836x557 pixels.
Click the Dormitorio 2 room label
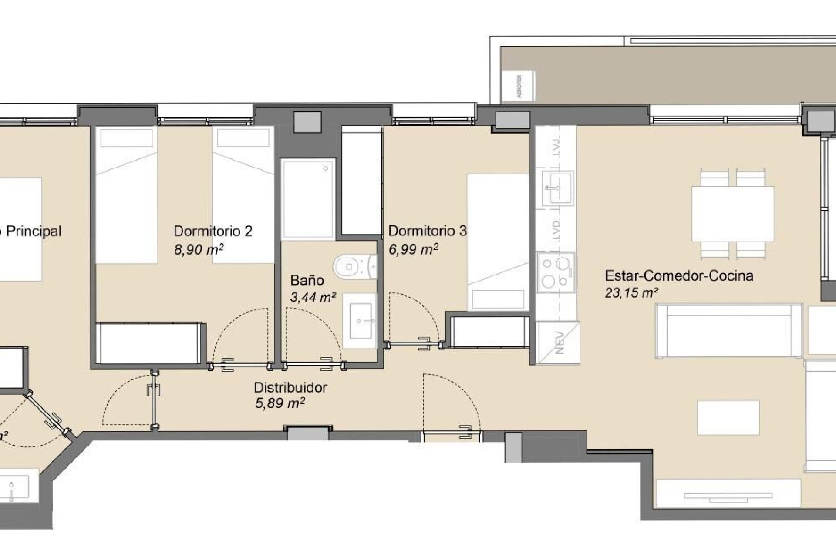[213, 231]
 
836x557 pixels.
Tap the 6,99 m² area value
[413, 249]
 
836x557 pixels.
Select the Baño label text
[307, 280]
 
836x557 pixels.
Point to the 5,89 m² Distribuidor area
[280, 403]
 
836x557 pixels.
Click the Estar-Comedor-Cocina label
[679, 275]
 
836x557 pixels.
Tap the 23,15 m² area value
[631, 293]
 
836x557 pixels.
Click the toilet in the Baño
[350, 266]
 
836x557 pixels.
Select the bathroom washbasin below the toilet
[360, 321]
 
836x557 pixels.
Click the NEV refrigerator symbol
[558, 342]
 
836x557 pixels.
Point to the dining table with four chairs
[733, 214]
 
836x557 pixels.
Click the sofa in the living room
[728, 332]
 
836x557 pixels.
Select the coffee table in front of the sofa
[728, 418]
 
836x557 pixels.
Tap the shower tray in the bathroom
[308, 199]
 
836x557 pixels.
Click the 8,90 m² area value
[199, 250]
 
